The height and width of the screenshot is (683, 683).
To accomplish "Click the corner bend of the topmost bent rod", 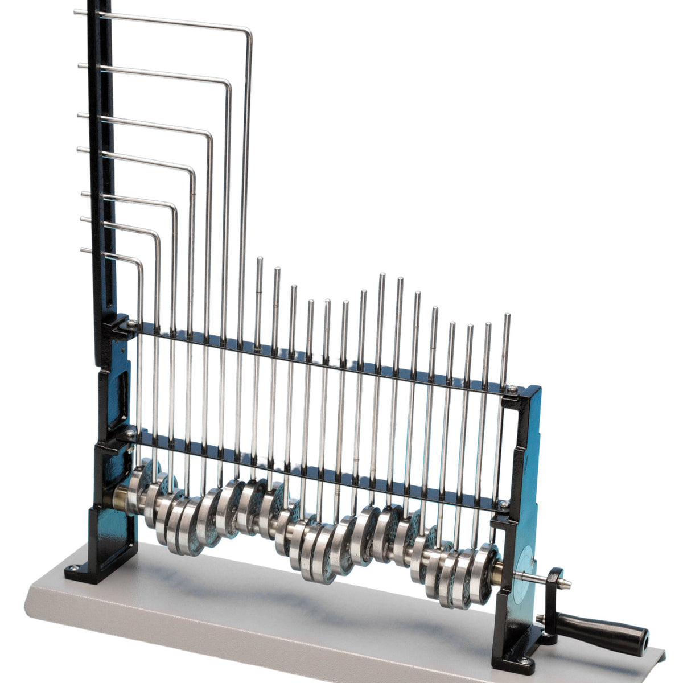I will (248, 31).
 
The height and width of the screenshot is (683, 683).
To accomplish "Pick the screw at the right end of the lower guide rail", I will (503, 503).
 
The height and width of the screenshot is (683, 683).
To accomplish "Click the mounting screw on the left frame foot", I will (72, 567).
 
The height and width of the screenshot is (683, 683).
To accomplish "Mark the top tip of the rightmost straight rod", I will (507, 316).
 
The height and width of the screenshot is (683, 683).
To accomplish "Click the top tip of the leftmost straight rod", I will (260, 260).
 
